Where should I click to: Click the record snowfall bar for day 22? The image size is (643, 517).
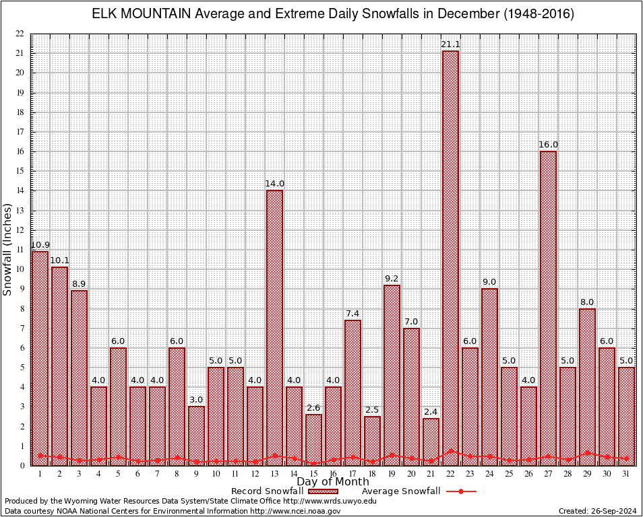tap(450, 256)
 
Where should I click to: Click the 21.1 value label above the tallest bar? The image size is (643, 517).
tap(450, 44)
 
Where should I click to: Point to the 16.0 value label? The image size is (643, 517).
tap(548, 145)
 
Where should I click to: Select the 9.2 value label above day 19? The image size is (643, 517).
tap(392, 279)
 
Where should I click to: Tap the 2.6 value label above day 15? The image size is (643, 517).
tap(313, 408)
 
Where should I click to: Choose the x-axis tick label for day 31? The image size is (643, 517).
tap(627, 474)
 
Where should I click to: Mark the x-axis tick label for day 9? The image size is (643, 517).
tap(196, 474)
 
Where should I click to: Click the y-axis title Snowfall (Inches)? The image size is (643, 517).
tap(7, 250)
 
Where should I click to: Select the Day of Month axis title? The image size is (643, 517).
tap(332, 481)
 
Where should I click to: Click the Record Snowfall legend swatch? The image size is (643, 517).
tap(323, 491)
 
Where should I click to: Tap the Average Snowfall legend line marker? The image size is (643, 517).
tap(460, 491)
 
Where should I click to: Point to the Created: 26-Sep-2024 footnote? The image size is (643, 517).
tap(597, 511)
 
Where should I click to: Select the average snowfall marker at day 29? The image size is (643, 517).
tap(587, 453)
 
